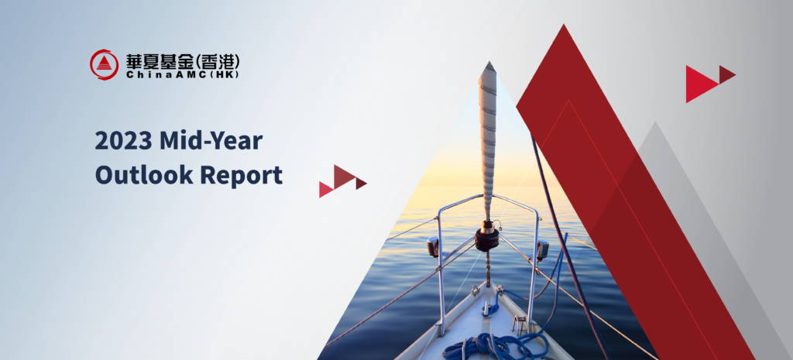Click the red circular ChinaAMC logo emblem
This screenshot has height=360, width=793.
105,65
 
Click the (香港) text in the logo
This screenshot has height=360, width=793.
217,62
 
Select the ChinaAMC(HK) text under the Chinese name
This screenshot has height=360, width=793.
182,75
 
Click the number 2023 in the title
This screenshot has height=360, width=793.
124,141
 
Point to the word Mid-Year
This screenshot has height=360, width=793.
211,141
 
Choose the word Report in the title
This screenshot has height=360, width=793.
242,176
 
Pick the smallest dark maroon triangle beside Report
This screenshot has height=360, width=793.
360,183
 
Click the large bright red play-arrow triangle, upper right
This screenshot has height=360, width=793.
699,84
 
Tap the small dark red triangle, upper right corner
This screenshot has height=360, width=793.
726,74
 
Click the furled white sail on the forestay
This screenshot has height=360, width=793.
488,142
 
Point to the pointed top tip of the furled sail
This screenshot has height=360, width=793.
489,62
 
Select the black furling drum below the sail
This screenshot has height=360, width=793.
487,238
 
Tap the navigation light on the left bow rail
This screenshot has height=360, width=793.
432,247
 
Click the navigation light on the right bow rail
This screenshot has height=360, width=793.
543,249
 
